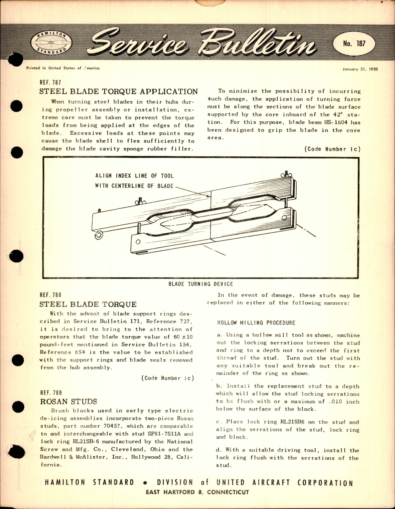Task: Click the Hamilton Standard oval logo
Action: [51, 43]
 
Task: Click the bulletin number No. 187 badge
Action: [354, 43]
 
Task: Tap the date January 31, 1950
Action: [360, 69]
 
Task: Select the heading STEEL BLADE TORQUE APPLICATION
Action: [118, 91]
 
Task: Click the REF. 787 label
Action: [50, 83]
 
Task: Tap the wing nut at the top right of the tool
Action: [286, 175]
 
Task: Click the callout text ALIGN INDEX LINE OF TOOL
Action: [134, 176]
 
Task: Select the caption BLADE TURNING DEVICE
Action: [200, 284]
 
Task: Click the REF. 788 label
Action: [50, 295]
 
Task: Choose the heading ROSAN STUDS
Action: [68, 401]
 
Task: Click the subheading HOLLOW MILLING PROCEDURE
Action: [256, 323]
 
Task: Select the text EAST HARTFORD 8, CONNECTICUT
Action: [197, 492]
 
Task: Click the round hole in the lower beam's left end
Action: [138, 242]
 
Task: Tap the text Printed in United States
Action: [51, 68]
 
